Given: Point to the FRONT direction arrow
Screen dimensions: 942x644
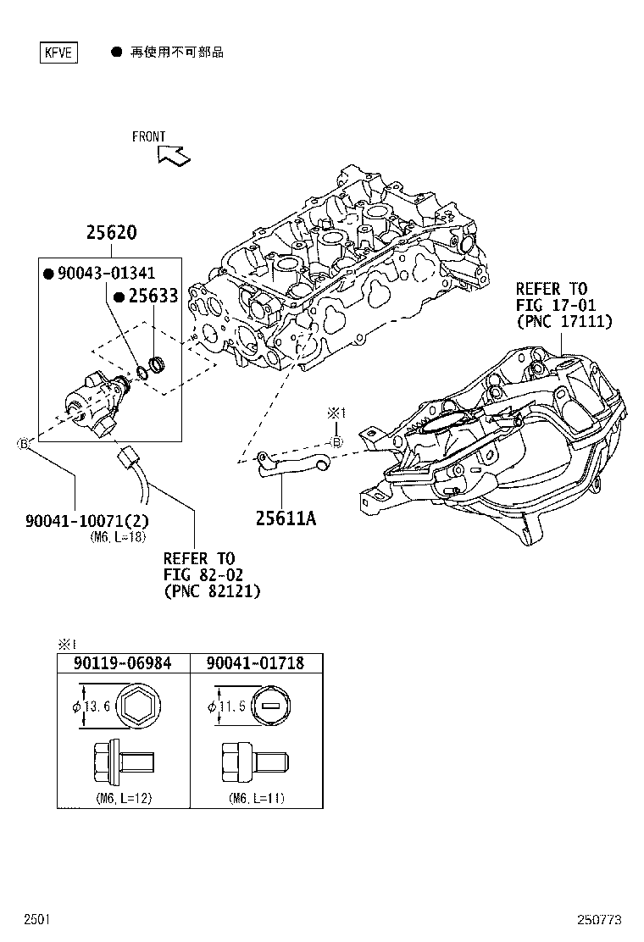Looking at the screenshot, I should [x=175, y=154].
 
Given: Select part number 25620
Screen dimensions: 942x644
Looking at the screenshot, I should [x=111, y=233].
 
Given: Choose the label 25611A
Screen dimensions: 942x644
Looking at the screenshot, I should [x=286, y=518].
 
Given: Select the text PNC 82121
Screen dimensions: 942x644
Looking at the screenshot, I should [x=212, y=591].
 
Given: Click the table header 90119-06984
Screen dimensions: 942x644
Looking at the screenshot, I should [x=122, y=663].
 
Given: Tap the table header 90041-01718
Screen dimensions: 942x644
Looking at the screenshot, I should [x=255, y=663].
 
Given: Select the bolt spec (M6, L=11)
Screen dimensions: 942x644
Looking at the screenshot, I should [x=255, y=798].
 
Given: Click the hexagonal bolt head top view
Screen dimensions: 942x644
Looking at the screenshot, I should [x=139, y=706].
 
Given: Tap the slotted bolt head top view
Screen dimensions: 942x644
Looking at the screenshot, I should [x=271, y=706].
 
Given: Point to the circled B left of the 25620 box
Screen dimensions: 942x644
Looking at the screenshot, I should [x=25, y=443].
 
